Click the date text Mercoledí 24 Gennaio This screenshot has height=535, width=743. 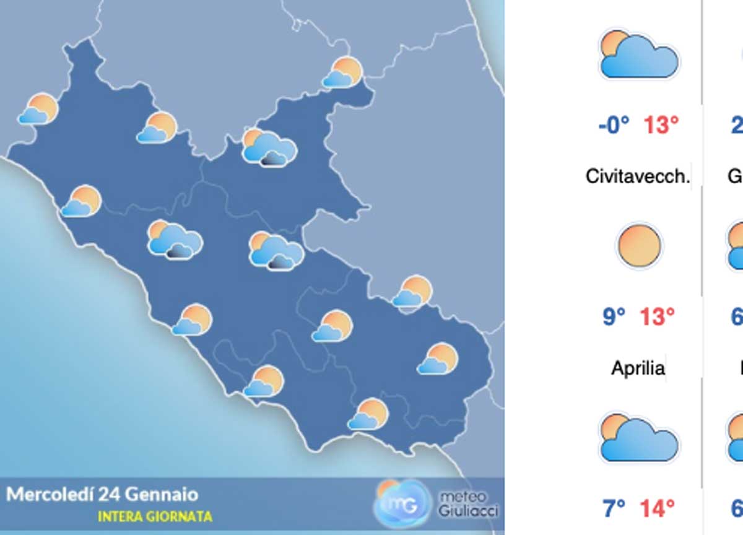pos(102,494)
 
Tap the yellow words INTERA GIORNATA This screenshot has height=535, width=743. pos(155,516)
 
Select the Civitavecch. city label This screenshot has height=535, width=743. pos(637,176)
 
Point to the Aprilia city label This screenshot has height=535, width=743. pos(638,368)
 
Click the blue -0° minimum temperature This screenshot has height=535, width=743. pos(614,126)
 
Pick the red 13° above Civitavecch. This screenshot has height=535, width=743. pos(661,126)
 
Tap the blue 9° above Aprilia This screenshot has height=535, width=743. pos(614,317)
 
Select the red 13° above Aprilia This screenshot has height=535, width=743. pos(656,317)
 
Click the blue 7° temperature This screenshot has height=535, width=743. pos(614,508)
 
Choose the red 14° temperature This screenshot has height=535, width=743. pos(657,508)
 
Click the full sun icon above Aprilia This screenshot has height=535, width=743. pos(638,246)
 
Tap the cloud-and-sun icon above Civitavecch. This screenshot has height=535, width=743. pos(638,56)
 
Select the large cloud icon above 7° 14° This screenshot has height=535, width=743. pos(638,438)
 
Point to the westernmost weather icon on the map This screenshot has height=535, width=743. pos(38,109)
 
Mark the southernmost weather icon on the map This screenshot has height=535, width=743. pos(368,414)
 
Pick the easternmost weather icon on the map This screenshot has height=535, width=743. pos(438,359)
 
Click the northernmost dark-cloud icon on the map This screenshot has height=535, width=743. pos(269,147)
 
